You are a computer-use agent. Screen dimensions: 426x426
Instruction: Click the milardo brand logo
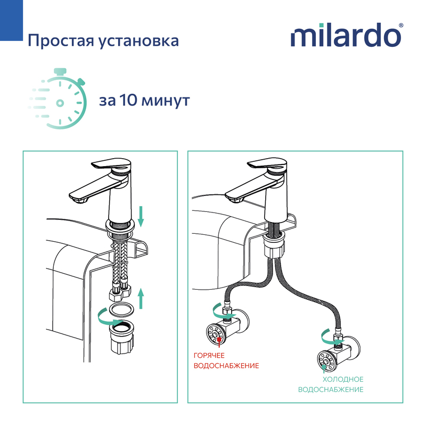[x=347, y=35]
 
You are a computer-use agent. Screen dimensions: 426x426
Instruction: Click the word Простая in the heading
[x=61, y=41]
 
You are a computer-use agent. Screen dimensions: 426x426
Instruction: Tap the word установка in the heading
[x=138, y=42]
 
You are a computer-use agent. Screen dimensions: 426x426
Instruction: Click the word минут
[x=166, y=101]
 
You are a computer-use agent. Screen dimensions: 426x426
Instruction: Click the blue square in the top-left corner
[x=11, y=20]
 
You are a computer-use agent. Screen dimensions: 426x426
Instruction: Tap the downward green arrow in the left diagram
[x=141, y=216]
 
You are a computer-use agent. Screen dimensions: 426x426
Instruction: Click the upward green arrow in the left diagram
[x=141, y=299]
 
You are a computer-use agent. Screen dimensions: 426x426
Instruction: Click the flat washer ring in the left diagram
[x=121, y=310]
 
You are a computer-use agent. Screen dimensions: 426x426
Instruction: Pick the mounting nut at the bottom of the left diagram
[x=122, y=337]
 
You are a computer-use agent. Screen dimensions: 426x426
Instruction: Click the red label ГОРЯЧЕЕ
[x=209, y=355]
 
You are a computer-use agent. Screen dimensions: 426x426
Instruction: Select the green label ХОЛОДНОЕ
[x=343, y=379]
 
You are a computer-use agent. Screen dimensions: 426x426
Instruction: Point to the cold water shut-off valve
[x=338, y=355]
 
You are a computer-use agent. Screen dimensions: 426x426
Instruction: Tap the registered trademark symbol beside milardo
[x=401, y=25]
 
